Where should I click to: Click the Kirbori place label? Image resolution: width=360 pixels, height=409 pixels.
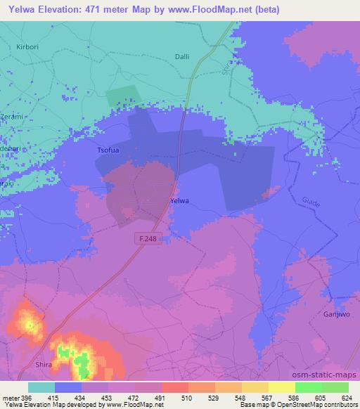tap(27, 46)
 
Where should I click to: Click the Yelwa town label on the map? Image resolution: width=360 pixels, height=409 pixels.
tap(180, 201)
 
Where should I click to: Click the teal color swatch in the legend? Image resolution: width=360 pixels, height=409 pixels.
tap(41, 387)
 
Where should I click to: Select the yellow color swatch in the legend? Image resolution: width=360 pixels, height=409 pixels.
tap(281, 387)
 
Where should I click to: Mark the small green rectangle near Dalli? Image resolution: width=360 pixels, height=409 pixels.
tap(122, 98)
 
